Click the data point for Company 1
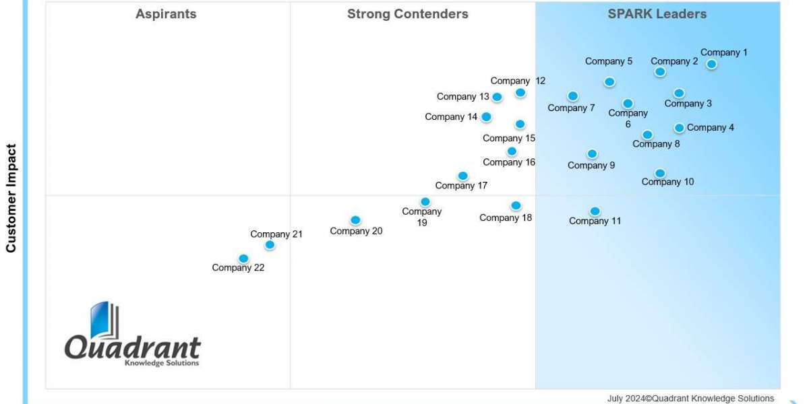click(711, 65)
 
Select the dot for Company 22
click(243, 259)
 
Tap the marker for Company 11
click(595, 211)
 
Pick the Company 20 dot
click(355, 220)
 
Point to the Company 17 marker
click(462, 176)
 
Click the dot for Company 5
click(609, 82)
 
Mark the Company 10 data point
click(660, 173)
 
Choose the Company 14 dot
click(486, 117)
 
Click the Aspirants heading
click(166, 14)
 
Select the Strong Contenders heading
click(408, 14)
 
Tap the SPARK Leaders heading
click(657, 14)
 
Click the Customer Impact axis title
click(11, 198)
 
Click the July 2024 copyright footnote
click(690, 399)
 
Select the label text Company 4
click(711, 128)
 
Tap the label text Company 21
click(276, 234)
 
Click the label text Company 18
click(506, 217)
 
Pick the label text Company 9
click(591, 166)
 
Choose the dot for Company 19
click(425, 201)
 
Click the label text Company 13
click(463, 97)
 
